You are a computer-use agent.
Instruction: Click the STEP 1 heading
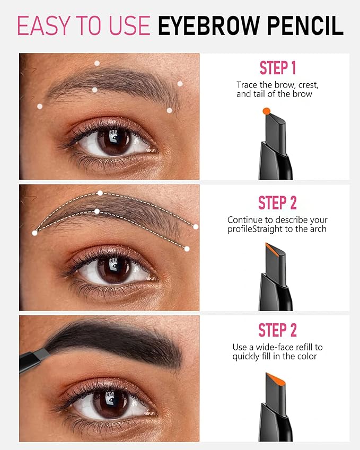[277, 68]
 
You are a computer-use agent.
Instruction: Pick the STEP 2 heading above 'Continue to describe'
[277, 203]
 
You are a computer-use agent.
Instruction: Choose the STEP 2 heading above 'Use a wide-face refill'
[277, 330]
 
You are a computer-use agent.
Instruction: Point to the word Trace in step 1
[247, 85]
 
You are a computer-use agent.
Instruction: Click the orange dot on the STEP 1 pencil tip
[266, 111]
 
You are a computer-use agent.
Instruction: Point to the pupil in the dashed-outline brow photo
[113, 270]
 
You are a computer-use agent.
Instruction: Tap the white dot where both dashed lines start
[35, 233]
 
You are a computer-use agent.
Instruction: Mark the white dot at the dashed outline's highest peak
[100, 193]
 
